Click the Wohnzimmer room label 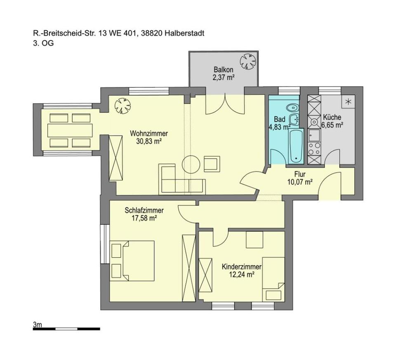pyautogui.click(x=149, y=133)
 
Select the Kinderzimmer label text pyautogui.click(x=241, y=266)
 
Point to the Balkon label pyautogui.click(x=224, y=69)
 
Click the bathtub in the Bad pyautogui.click(x=296, y=145)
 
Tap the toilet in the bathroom pyautogui.click(x=292, y=108)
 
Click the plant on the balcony pyautogui.click(x=248, y=61)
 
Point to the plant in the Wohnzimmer pyautogui.click(x=123, y=106)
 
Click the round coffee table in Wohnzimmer pyautogui.click(x=191, y=165)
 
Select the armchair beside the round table pyautogui.click(x=212, y=164)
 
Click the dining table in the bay pyautogui.click(x=70, y=130)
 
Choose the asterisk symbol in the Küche pyautogui.click(x=348, y=102)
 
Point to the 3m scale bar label pyautogui.click(x=37, y=325)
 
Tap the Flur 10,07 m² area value pyautogui.click(x=300, y=181)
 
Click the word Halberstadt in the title pyautogui.click(x=185, y=33)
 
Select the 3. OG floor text pyautogui.click(x=43, y=43)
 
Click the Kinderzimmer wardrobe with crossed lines pyautogui.click(x=205, y=275)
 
